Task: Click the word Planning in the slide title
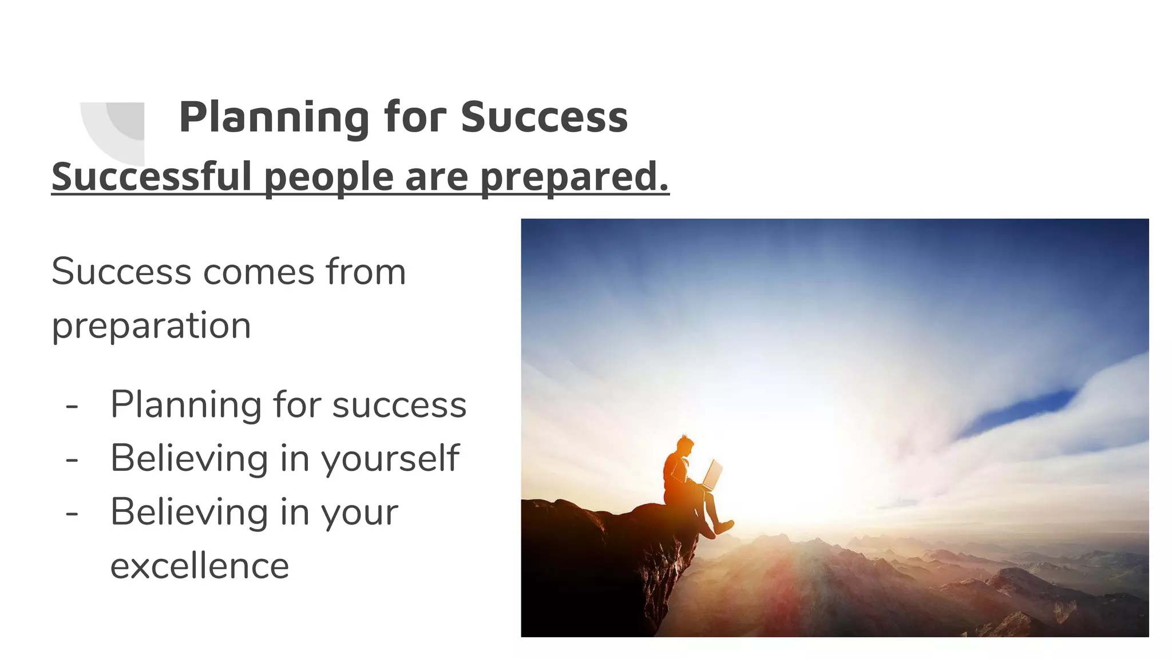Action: pyautogui.click(x=274, y=117)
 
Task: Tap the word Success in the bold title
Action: pyautogui.click(x=544, y=117)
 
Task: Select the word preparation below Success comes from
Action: pyautogui.click(x=152, y=325)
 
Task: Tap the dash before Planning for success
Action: pyautogui.click(x=72, y=406)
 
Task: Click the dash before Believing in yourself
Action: pyautogui.click(x=72, y=459)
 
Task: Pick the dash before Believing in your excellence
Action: pyautogui.click(x=72, y=513)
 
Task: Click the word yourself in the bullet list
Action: pyautogui.click(x=390, y=459)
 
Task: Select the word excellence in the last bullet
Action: pyautogui.click(x=200, y=566)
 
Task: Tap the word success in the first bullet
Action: pyautogui.click(x=399, y=405)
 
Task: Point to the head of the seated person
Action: pyautogui.click(x=684, y=445)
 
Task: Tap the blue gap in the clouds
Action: pyautogui.click(x=1019, y=409)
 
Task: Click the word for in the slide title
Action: pyautogui.click(x=414, y=117)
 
